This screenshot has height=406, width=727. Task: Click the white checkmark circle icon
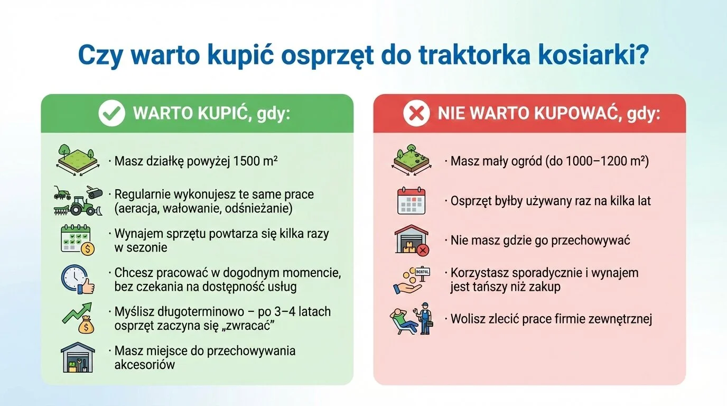point(111,113)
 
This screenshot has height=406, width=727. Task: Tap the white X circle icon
point(416,113)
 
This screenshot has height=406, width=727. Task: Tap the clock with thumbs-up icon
point(77,279)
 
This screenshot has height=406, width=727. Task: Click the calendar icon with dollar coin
point(77,239)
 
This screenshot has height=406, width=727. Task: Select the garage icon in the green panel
point(78,357)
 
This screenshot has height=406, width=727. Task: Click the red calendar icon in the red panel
point(411,201)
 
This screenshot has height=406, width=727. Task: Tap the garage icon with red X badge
point(412,241)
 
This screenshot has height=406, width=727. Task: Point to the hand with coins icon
point(410,280)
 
